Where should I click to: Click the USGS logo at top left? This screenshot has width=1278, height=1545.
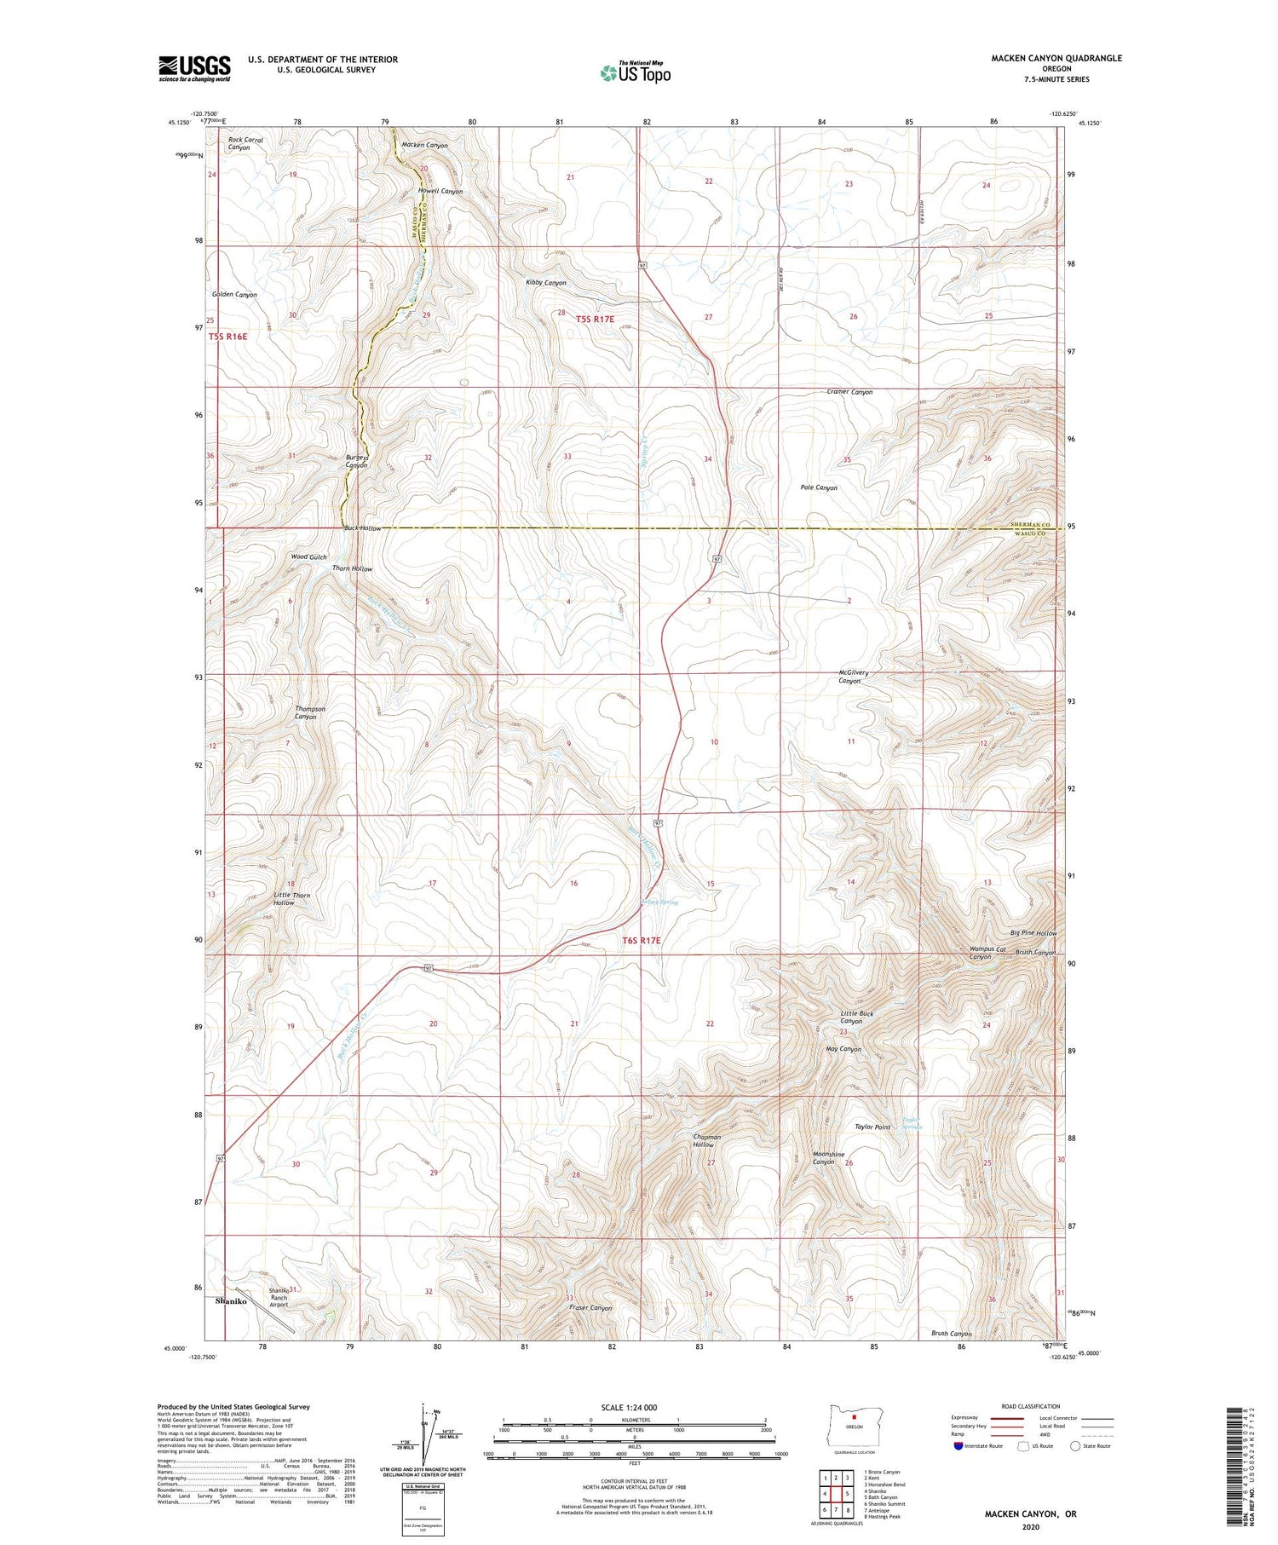click(194, 68)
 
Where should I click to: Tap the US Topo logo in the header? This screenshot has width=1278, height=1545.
click(636, 73)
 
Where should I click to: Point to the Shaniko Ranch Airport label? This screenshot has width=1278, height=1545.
click(279, 1297)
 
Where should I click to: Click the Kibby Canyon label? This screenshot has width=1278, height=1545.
click(546, 282)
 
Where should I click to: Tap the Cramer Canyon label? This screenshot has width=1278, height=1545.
click(849, 392)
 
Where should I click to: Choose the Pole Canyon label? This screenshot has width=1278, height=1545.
click(819, 487)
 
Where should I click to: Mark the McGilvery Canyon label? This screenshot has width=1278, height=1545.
click(853, 677)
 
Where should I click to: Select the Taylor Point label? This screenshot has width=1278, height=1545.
click(872, 1127)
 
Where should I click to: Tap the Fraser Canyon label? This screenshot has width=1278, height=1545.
click(591, 1307)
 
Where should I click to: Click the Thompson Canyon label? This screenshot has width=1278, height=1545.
click(309, 712)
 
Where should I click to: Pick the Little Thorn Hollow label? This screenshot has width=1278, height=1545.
click(291, 899)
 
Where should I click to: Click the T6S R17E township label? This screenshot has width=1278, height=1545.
click(641, 940)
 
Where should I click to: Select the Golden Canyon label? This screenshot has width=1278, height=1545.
click(234, 294)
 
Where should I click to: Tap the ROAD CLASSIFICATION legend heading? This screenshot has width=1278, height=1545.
click(1031, 1406)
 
